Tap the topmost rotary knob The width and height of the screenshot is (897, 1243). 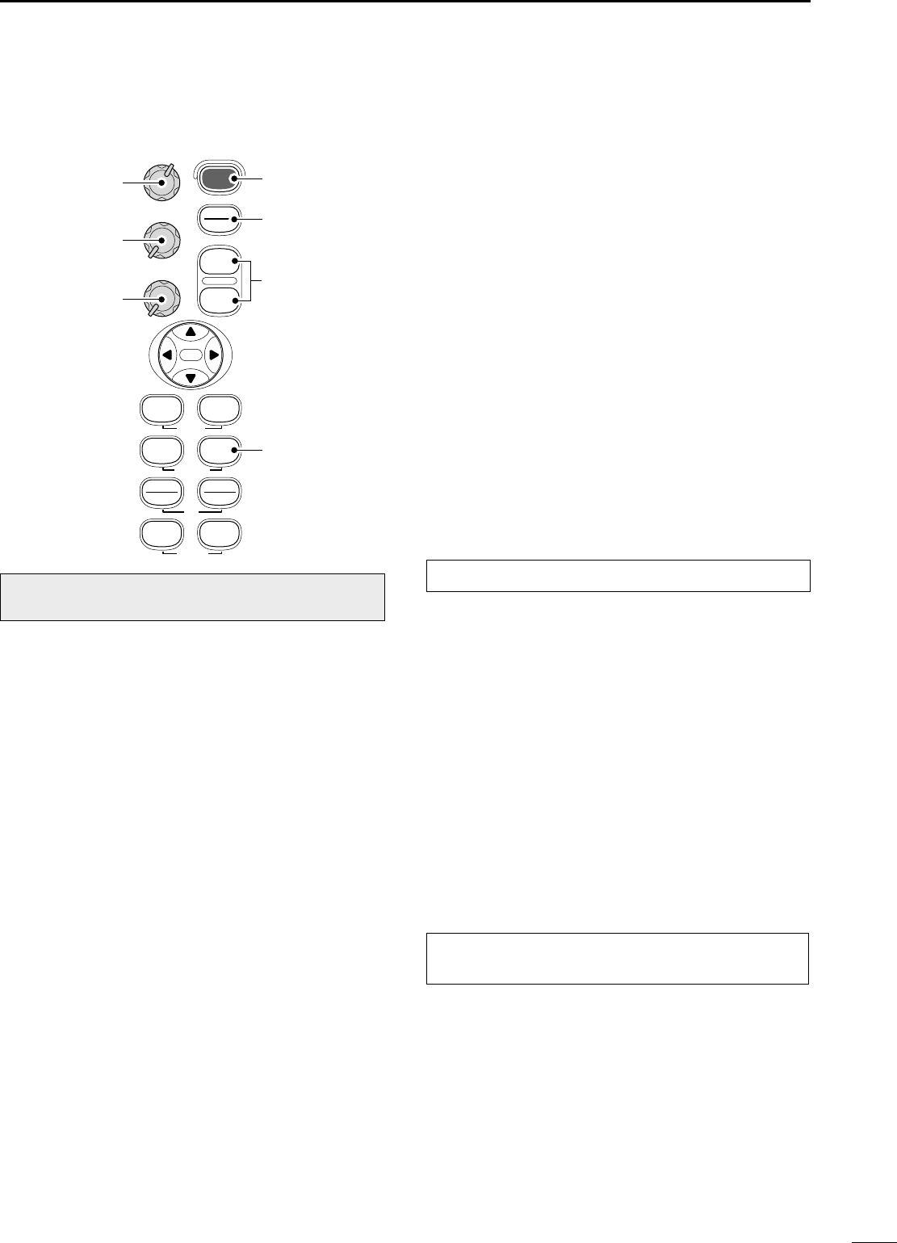pyautogui.click(x=161, y=183)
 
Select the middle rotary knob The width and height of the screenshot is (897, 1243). pyautogui.click(x=161, y=241)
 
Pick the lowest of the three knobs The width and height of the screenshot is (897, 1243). pyautogui.click(x=161, y=299)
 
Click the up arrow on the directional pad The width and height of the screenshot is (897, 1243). pyautogui.click(x=191, y=331)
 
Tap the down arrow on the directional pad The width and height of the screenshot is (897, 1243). pyautogui.click(x=191, y=377)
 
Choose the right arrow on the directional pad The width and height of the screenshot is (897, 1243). pyautogui.click(x=215, y=355)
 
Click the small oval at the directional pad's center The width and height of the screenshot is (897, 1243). pyautogui.click(x=191, y=355)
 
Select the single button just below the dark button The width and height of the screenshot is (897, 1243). pyautogui.click(x=218, y=219)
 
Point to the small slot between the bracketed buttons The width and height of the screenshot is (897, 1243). pyautogui.click(x=218, y=281)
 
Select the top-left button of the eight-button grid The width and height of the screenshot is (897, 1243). pyautogui.click(x=161, y=409)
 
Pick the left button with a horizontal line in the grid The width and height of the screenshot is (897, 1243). pyautogui.click(x=161, y=493)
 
